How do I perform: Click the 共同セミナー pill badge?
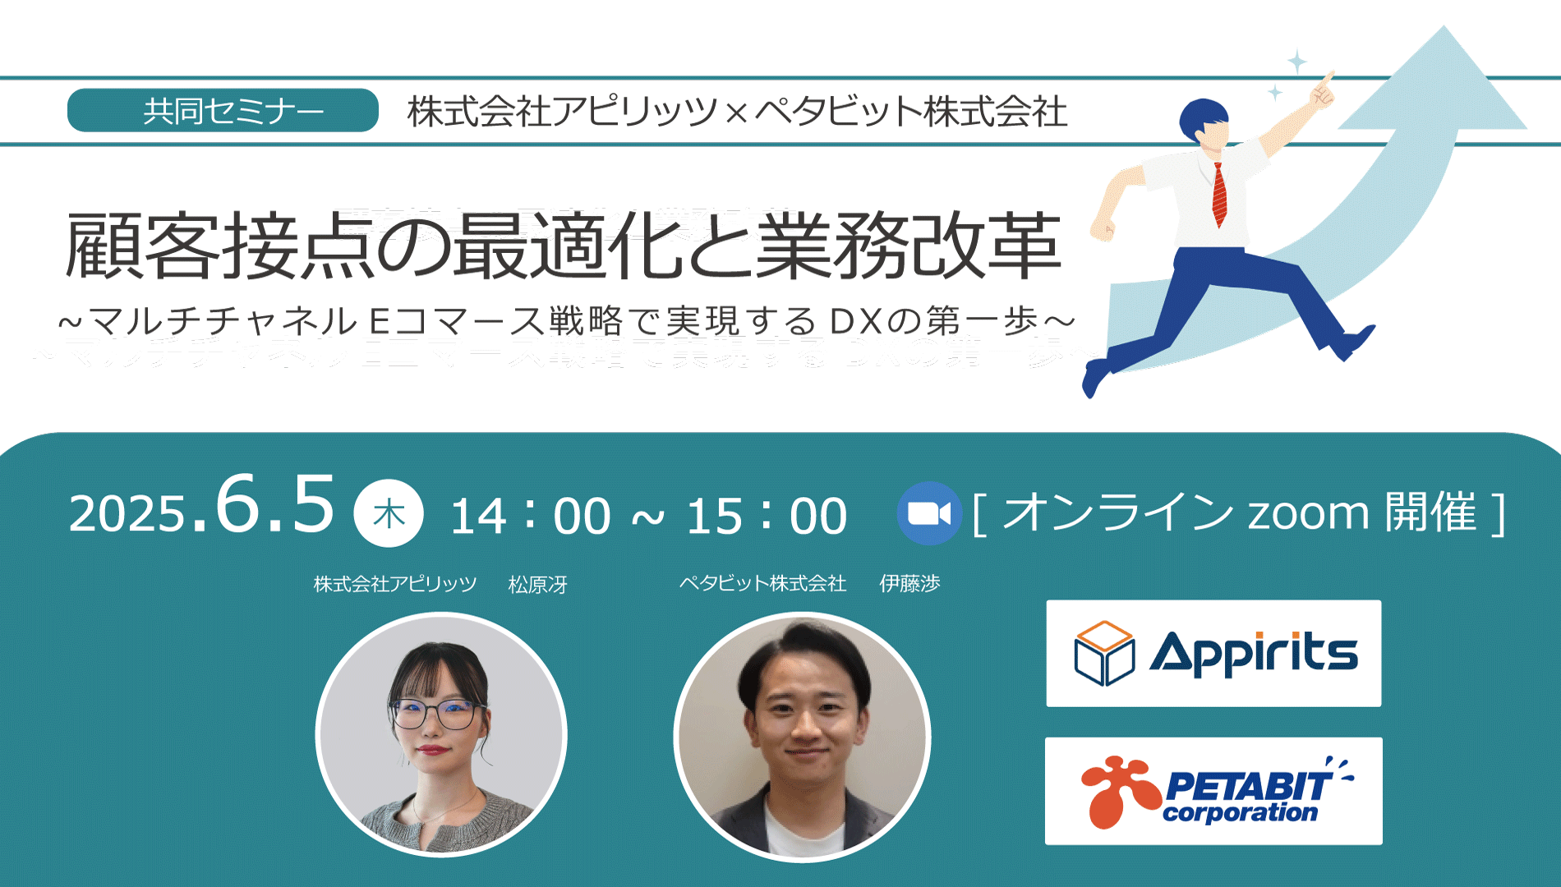coord(223,110)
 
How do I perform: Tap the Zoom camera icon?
coord(928,513)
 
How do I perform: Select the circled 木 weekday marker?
coord(389,513)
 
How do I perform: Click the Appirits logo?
coord(1213,653)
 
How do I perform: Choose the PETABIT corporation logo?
coord(1213,791)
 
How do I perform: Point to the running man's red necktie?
coord(1220,195)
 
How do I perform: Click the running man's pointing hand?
coord(1324,90)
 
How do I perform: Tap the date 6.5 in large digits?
coord(275,504)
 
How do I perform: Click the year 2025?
coord(128,515)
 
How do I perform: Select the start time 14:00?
coord(531,516)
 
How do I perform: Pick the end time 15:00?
coord(767,516)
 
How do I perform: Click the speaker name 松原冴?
coord(538,584)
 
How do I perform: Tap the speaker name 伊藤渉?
coord(909,583)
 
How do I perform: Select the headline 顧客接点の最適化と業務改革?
coord(563,246)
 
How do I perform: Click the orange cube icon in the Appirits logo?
coord(1104,654)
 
